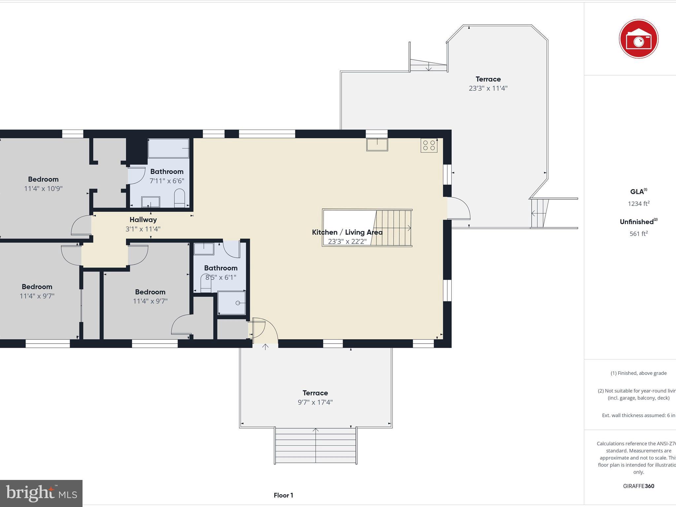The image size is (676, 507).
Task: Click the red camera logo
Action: click(x=638, y=39)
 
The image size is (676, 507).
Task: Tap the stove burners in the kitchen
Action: click(x=429, y=146)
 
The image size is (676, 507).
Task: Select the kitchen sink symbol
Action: click(x=377, y=145)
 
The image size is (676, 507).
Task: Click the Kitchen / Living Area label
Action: click(x=347, y=232)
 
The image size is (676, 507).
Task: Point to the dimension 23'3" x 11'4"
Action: click(x=488, y=88)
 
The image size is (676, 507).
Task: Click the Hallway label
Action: click(x=143, y=220)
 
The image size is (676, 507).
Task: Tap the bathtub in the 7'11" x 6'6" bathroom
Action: click(x=168, y=148)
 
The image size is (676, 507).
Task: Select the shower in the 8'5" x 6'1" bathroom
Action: click(x=232, y=303)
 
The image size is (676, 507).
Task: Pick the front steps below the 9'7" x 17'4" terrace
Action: click(x=316, y=446)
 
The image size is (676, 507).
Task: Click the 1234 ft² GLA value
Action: click(x=638, y=204)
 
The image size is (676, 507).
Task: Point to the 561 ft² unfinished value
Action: click(x=638, y=234)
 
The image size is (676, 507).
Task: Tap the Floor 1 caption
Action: click(x=283, y=495)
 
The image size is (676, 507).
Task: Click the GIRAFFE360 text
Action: click(x=638, y=486)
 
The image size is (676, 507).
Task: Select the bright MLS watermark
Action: click(x=41, y=493)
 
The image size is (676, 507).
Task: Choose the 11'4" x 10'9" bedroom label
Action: click(x=43, y=179)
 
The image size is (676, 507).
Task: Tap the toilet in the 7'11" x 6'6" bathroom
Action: click(x=180, y=198)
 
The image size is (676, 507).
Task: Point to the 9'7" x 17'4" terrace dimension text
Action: click(x=315, y=402)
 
